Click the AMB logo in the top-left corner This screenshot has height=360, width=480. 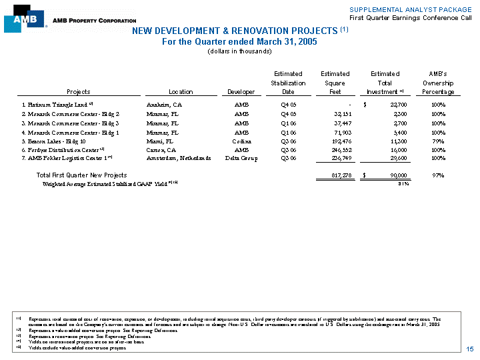click(x=25, y=19)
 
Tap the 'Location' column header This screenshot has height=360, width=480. click(x=181, y=92)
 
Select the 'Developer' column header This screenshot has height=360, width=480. click(x=241, y=92)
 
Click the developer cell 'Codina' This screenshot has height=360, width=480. click(x=241, y=141)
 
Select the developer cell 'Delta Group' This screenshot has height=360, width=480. click(x=241, y=158)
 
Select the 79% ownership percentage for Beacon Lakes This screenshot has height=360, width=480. click(x=439, y=141)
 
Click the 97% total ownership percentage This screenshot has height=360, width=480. click(x=439, y=175)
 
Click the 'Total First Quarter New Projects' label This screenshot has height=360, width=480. click(x=81, y=175)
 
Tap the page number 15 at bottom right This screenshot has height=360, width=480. click(x=469, y=349)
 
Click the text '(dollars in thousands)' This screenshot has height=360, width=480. click(x=239, y=51)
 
